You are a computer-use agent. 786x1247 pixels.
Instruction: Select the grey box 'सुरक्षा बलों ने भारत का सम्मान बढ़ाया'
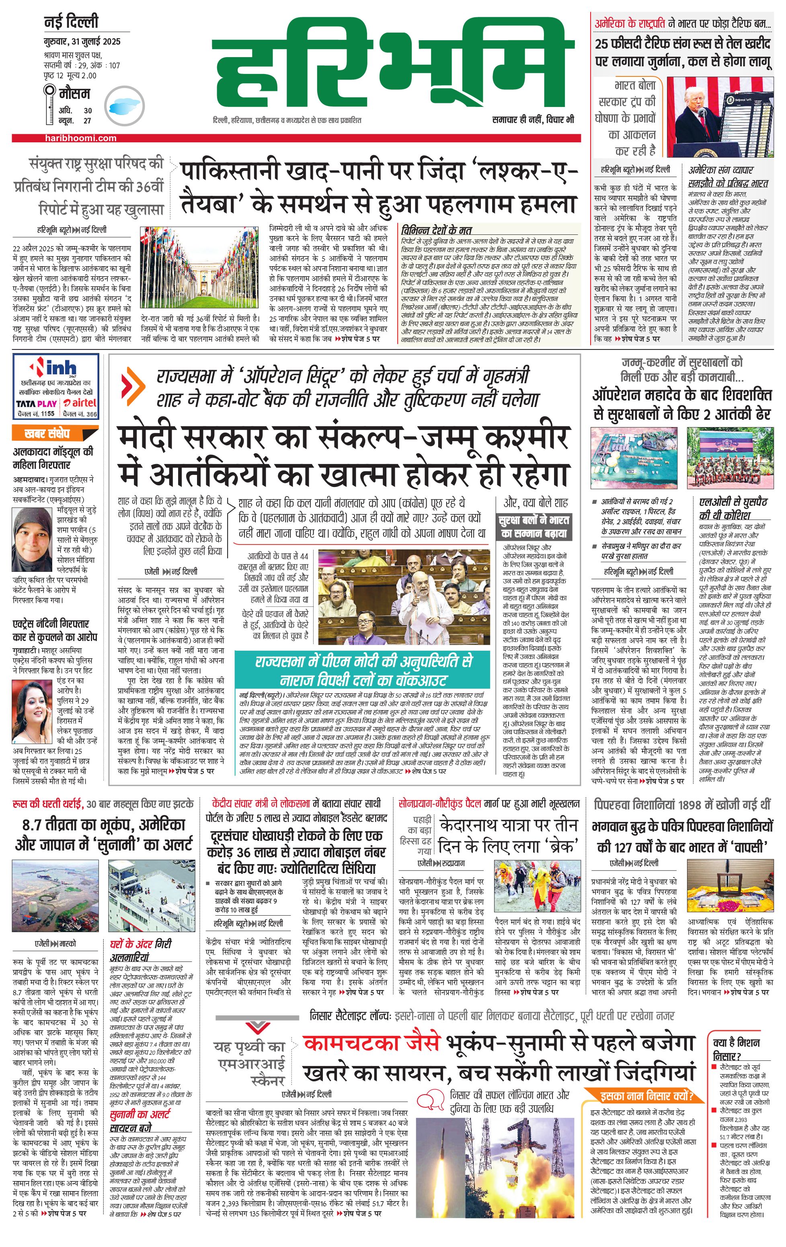coord(534,526)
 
